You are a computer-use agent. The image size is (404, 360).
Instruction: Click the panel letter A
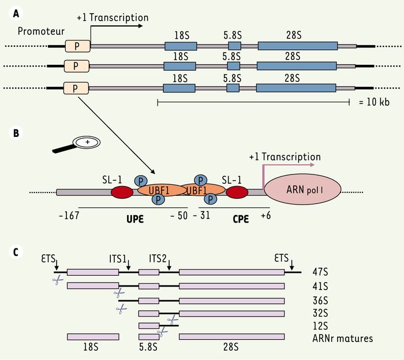tap(16, 13)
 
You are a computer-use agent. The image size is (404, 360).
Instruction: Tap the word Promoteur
tap(41, 31)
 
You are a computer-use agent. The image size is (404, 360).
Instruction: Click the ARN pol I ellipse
tap(303, 190)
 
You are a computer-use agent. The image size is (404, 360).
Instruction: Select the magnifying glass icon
tap(76, 144)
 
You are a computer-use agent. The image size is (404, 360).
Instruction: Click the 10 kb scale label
tap(374, 102)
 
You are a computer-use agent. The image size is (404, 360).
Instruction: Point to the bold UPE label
tap(135, 219)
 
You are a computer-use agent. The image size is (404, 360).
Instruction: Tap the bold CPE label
tap(241, 219)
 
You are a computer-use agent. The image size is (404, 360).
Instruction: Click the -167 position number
tap(69, 216)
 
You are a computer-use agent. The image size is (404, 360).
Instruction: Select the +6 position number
tap(266, 216)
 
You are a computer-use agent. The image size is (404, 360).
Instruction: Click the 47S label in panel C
tap(320, 272)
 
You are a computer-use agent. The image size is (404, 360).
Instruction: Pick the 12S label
tap(320, 326)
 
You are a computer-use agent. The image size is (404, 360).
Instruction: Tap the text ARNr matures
tap(343, 338)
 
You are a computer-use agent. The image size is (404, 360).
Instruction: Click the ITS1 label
tap(118, 259)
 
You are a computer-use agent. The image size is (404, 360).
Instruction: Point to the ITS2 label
tap(158, 258)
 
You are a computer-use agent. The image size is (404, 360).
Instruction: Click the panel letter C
tap(16, 252)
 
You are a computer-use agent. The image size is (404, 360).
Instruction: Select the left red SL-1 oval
tap(122, 192)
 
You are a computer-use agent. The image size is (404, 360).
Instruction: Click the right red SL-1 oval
tap(237, 192)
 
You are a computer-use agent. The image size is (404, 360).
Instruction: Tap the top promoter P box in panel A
tap(77, 46)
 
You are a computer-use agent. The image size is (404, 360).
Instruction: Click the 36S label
tap(320, 300)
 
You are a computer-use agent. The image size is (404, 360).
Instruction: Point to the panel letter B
tap(16, 133)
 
